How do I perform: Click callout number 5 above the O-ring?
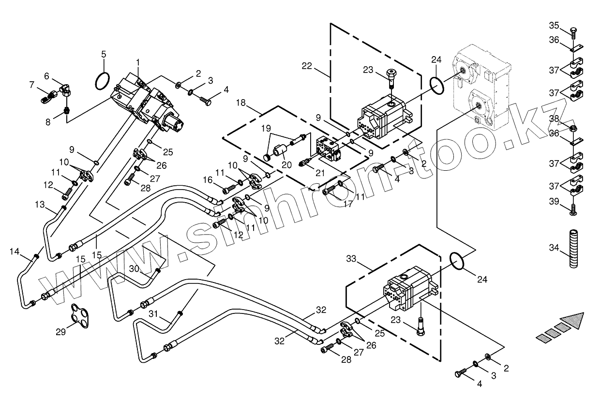pos(104,54)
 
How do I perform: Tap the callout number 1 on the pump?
pos(138,62)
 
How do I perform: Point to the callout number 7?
pos(32,85)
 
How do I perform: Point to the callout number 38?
pos(554,119)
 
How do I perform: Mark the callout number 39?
pos(554,201)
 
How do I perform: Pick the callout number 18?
pos(241,103)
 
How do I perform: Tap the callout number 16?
pos(208,179)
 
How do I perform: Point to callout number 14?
pos(15,252)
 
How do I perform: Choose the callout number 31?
pos(154,313)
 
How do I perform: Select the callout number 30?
pos(134,268)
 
